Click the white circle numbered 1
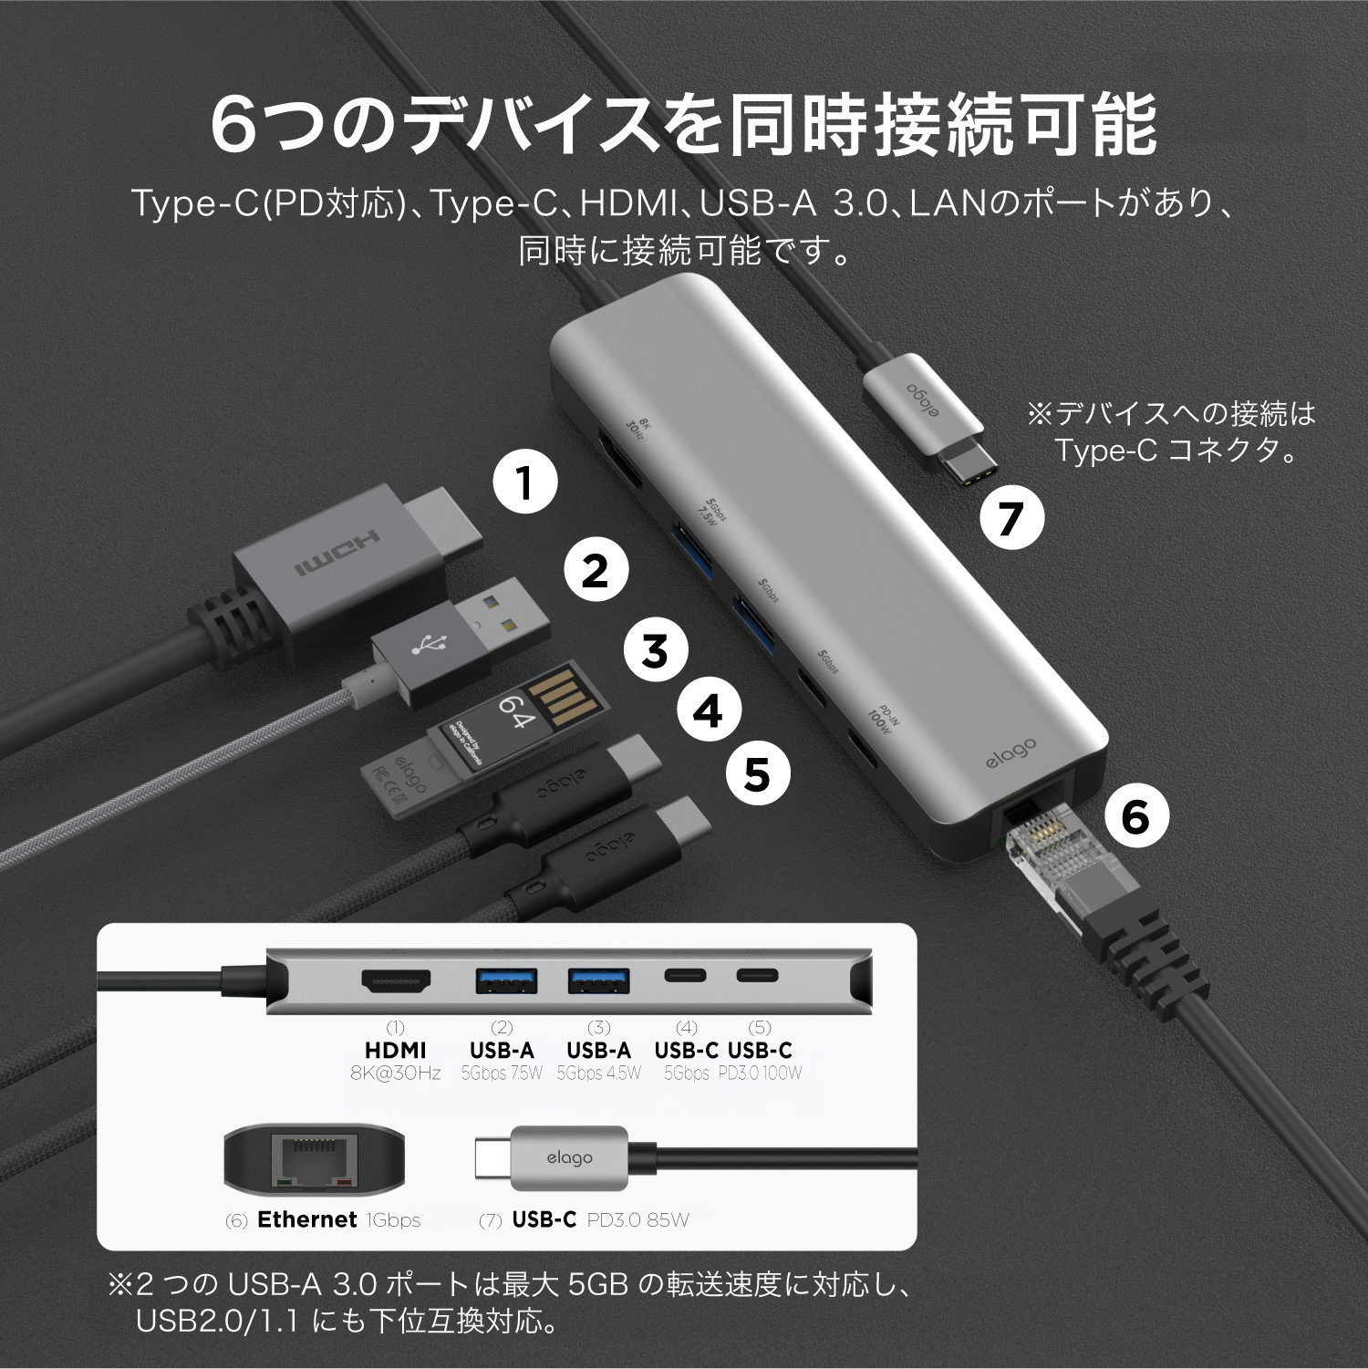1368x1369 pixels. [525, 483]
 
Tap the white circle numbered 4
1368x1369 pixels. [709, 712]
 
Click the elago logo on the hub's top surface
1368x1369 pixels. [1010, 753]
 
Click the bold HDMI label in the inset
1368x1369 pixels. [396, 1050]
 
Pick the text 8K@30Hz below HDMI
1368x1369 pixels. [396, 1073]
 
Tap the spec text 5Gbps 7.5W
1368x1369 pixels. [502, 1073]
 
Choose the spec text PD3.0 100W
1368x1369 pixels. [760, 1073]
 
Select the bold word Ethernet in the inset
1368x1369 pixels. [306, 1219]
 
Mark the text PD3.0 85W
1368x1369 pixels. [637, 1219]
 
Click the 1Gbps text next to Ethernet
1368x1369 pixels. [393, 1219]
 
